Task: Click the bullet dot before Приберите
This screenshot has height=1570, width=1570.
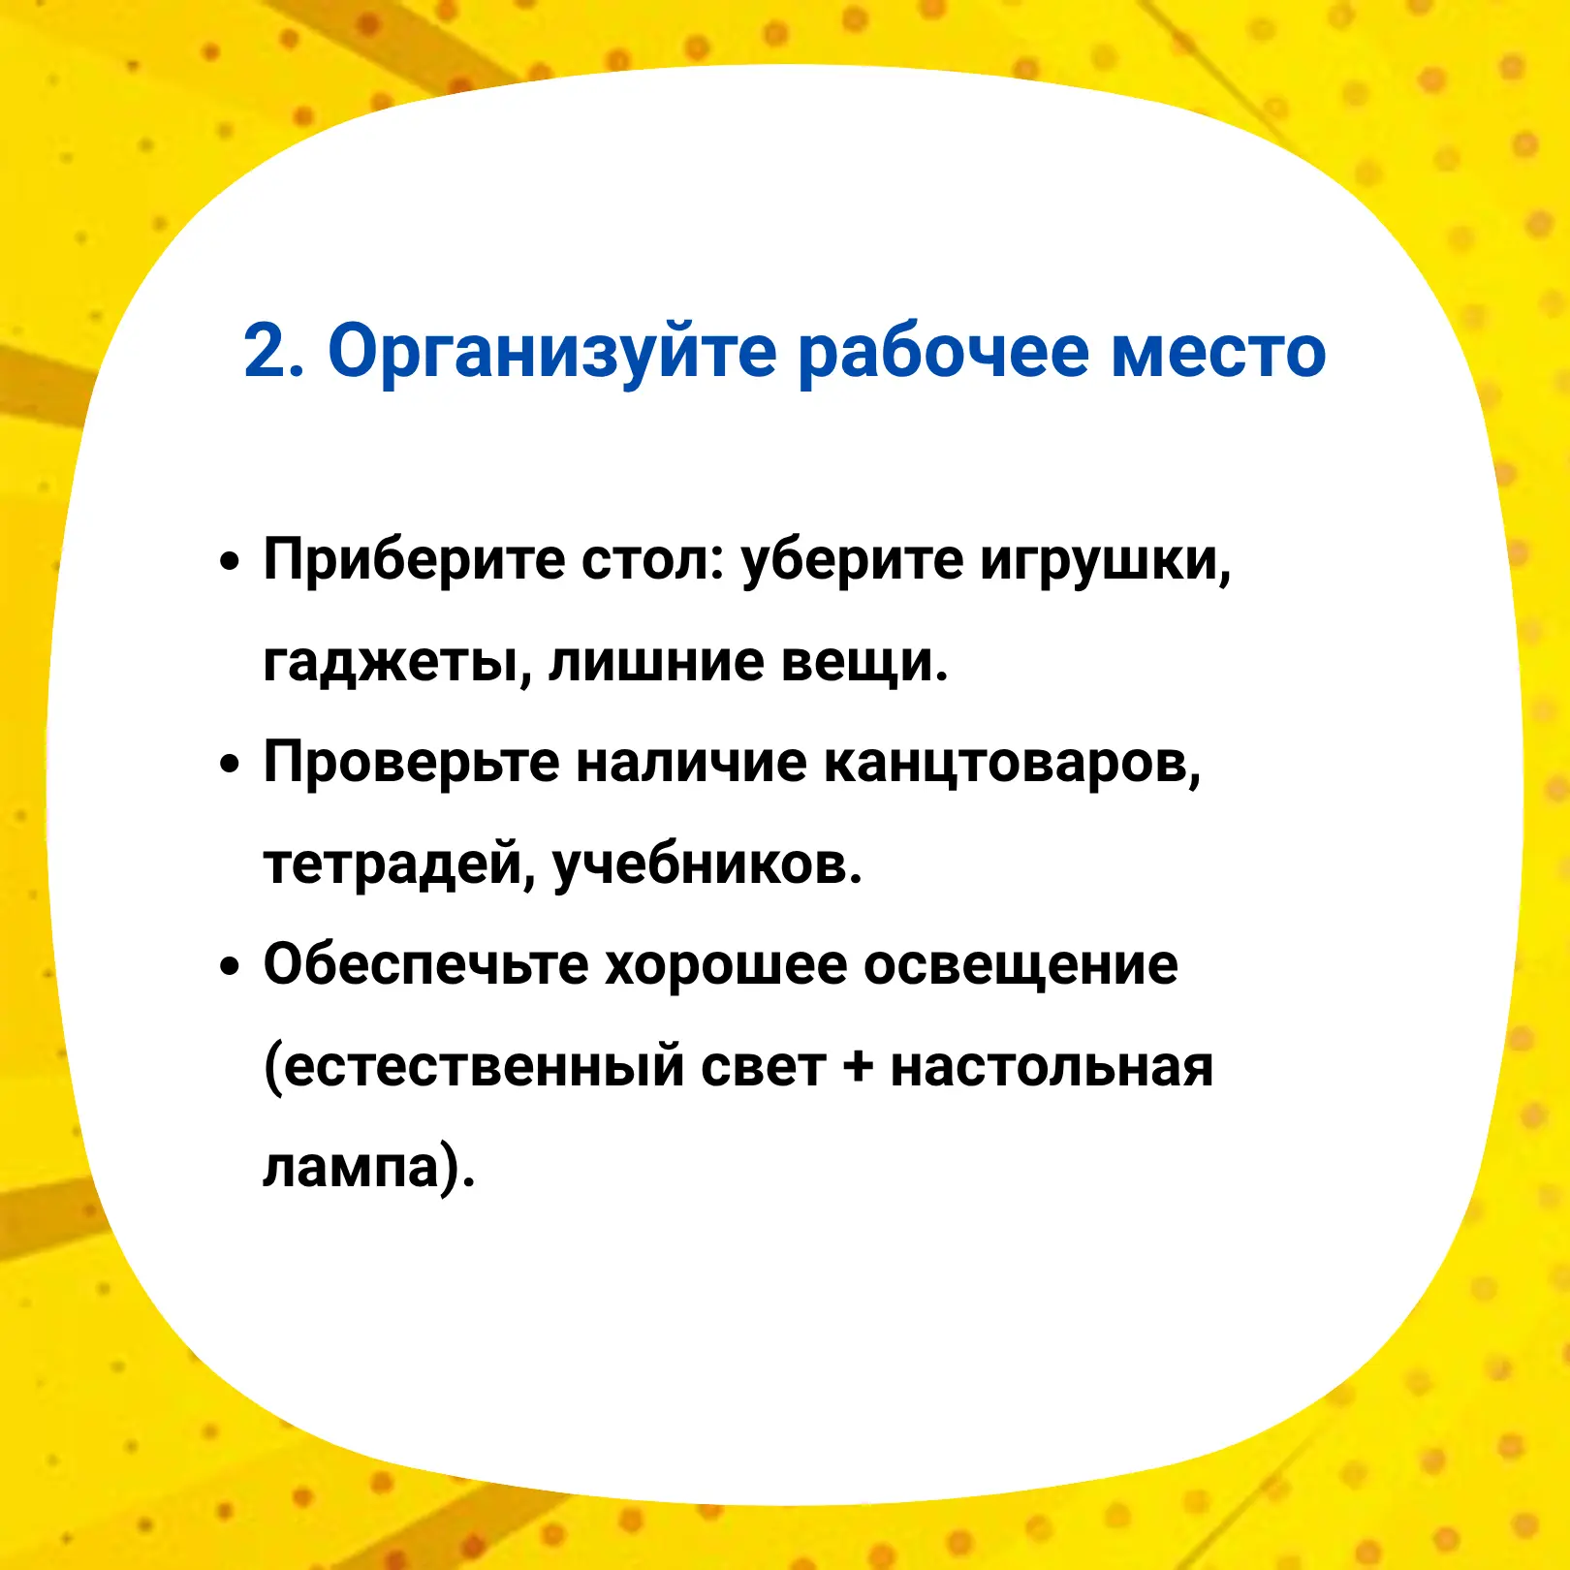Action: [x=229, y=562]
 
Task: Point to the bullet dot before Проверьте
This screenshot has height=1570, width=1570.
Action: [x=229, y=764]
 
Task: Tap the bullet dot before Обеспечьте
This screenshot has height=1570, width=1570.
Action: [x=229, y=965]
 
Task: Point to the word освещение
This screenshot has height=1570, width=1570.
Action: [x=1020, y=967]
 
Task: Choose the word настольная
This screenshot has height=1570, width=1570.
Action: [x=1052, y=1068]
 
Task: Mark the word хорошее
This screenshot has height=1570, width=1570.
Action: [x=726, y=967]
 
